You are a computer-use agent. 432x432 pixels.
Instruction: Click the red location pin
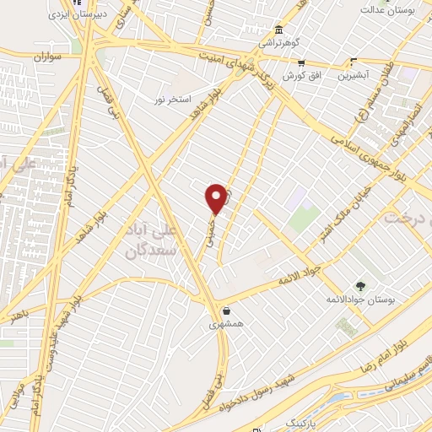[217, 198]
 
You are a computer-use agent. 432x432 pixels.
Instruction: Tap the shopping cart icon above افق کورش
[301, 62]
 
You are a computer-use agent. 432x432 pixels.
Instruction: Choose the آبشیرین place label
[355, 75]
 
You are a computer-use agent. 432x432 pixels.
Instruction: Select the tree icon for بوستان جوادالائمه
[360, 286]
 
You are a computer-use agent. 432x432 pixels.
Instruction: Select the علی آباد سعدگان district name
[157, 239]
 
